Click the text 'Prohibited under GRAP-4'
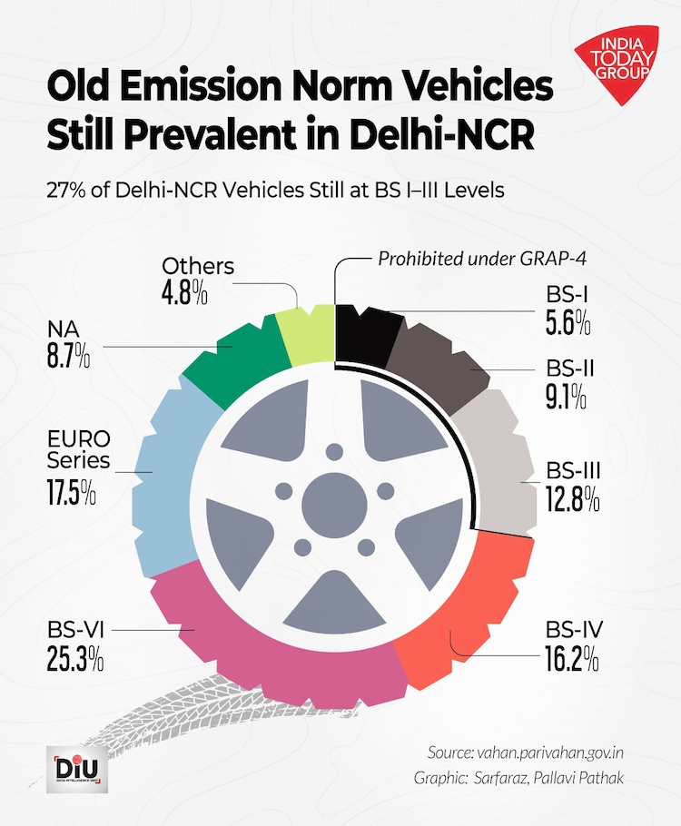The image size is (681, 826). coord(482,260)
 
